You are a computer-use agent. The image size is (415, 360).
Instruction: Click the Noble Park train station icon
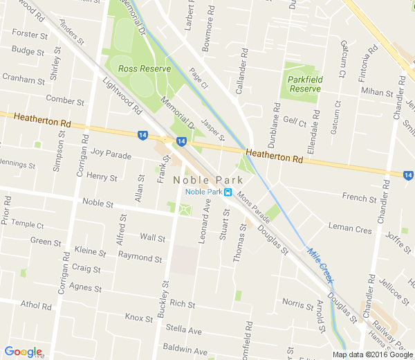(228, 192)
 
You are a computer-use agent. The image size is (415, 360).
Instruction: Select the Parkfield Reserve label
(304, 84)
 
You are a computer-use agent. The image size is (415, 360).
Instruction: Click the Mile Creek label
(320, 265)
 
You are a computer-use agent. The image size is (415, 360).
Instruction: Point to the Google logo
(23, 352)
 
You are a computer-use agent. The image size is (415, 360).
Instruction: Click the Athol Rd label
(37, 305)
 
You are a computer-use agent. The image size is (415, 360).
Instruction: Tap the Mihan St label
(376, 92)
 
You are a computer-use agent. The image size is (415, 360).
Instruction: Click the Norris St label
(297, 303)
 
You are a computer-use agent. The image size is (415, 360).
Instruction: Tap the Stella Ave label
(183, 331)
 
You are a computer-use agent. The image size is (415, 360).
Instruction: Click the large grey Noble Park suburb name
(203, 179)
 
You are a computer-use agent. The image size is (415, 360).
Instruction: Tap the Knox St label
(138, 318)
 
